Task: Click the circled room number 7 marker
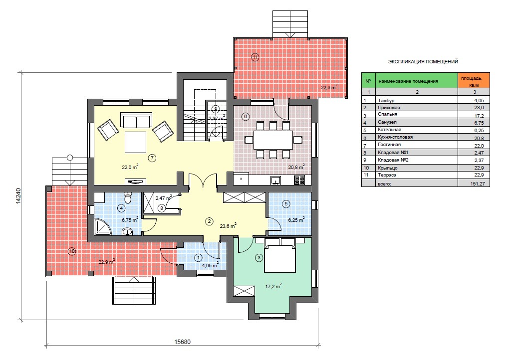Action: tap(152, 158)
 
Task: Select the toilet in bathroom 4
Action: tap(128, 197)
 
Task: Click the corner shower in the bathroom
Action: tap(103, 227)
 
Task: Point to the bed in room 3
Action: tap(280, 255)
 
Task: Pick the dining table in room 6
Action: tap(273, 140)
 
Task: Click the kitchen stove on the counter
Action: tap(299, 180)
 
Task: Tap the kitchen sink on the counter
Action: tap(275, 180)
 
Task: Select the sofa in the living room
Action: tap(136, 120)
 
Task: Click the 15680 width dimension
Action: tap(182, 342)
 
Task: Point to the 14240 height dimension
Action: tap(18, 196)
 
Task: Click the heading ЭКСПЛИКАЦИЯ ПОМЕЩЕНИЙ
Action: tap(423, 61)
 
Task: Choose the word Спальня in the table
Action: tap(387, 114)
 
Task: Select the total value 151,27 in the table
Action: tap(477, 184)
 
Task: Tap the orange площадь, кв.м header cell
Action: tap(474, 80)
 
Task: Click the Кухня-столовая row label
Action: tap(395, 137)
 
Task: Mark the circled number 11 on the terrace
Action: tap(255, 57)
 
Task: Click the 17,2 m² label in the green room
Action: tap(273, 286)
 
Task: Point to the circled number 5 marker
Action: tap(286, 204)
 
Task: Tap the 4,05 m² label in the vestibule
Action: tap(210, 265)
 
